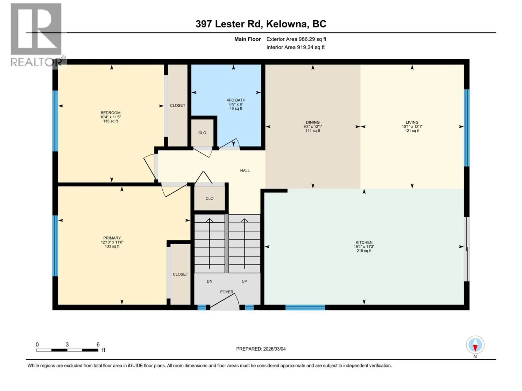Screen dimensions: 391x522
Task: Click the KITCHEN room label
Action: [x=364, y=242]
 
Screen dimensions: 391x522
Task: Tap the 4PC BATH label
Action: [x=236, y=100]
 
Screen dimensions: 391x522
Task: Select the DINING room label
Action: [x=313, y=122]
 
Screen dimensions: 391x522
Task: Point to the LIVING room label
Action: [x=412, y=122]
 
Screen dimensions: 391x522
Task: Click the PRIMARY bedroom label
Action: [x=112, y=238]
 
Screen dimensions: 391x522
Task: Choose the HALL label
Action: [x=245, y=171]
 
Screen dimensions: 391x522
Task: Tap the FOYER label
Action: [x=226, y=292]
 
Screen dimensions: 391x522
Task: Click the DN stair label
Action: [x=209, y=281]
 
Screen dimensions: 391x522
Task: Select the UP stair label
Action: [x=244, y=281]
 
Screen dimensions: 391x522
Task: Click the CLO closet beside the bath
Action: [x=202, y=133]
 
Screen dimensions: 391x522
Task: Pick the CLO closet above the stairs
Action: [x=209, y=198]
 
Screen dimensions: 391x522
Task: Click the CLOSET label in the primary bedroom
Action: [x=180, y=274]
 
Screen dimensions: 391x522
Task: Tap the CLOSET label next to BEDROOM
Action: [x=178, y=105]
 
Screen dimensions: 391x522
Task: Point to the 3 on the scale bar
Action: [x=67, y=345]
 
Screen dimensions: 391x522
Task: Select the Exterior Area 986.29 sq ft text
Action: [x=296, y=39]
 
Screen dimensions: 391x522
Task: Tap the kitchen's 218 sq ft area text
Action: [x=364, y=251]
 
